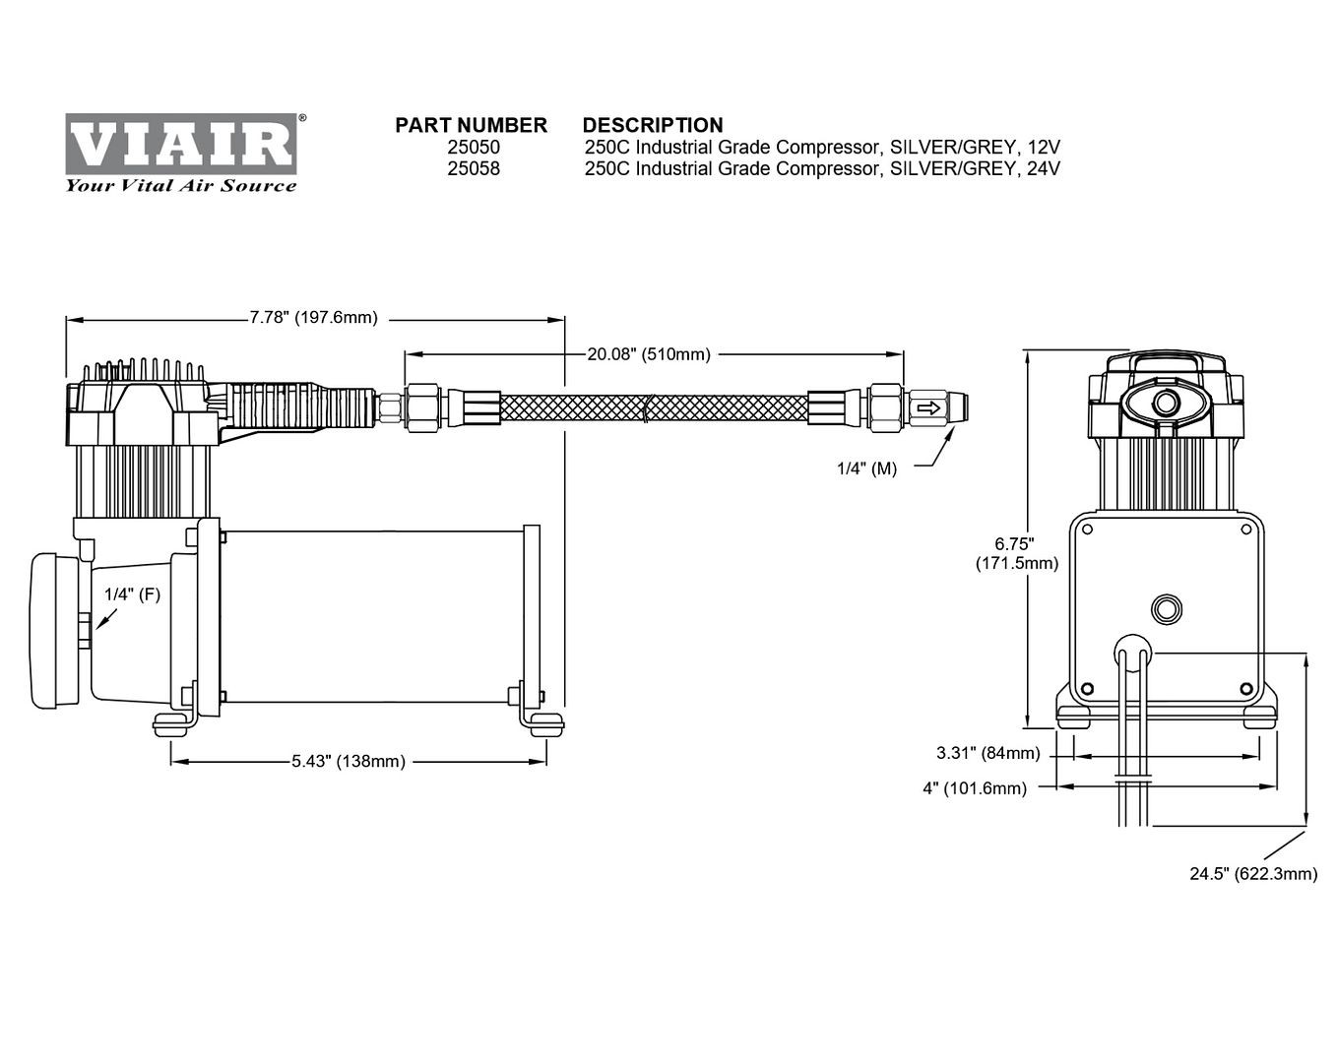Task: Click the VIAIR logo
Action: [181, 144]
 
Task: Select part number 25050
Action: [474, 148]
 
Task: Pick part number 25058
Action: [474, 169]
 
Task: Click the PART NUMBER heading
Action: [471, 126]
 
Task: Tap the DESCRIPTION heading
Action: [653, 126]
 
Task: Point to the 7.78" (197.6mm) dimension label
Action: [314, 318]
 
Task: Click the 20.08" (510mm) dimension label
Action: [649, 354]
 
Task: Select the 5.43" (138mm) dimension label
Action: [349, 762]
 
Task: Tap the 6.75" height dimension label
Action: [1016, 553]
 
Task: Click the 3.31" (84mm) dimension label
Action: [987, 754]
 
